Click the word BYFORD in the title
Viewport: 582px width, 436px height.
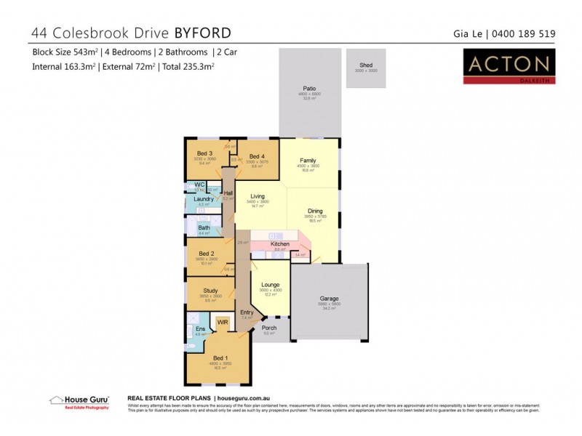(x=203, y=33)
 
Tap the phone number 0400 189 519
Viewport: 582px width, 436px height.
(x=525, y=33)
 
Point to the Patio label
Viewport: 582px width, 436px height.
(x=310, y=89)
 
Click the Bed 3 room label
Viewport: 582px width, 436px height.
(x=204, y=153)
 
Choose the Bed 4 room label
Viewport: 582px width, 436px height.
(x=257, y=156)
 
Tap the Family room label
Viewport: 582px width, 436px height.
(x=308, y=160)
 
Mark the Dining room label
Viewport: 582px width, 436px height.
(x=314, y=211)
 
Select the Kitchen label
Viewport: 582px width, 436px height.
(x=280, y=244)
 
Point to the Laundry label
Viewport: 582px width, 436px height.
(x=203, y=199)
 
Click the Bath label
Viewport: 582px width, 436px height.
(x=204, y=228)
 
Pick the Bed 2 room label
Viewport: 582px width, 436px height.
(x=205, y=254)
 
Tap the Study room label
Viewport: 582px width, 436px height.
(x=210, y=291)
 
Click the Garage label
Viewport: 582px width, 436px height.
(x=330, y=299)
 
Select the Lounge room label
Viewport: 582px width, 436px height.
(x=271, y=286)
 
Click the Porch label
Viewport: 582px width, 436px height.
(x=268, y=328)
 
